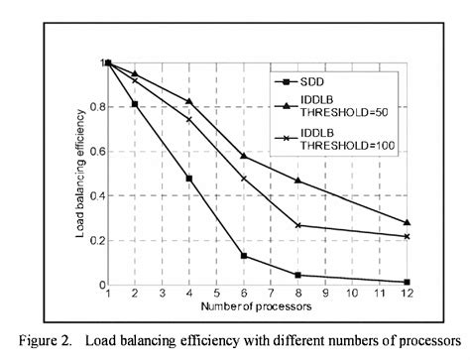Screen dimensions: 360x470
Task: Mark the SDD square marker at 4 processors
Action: pyautogui.click(x=189, y=179)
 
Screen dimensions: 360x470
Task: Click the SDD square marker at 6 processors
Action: pyautogui.click(x=244, y=256)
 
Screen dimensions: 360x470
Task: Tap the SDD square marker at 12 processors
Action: pyautogui.click(x=408, y=283)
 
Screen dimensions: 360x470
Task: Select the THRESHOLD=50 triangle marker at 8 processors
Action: pyautogui.click(x=298, y=180)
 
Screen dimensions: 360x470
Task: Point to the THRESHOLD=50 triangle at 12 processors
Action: pyautogui.click(x=408, y=223)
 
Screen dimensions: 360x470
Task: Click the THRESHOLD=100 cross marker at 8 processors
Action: pyautogui.click(x=298, y=225)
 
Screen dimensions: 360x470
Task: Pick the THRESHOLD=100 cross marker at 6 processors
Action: pyautogui.click(x=244, y=179)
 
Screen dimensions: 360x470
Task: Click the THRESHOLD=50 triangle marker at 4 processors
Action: pyautogui.click(x=189, y=102)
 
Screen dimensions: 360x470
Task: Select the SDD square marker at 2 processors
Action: pyautogui.click(x=135, y=104)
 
